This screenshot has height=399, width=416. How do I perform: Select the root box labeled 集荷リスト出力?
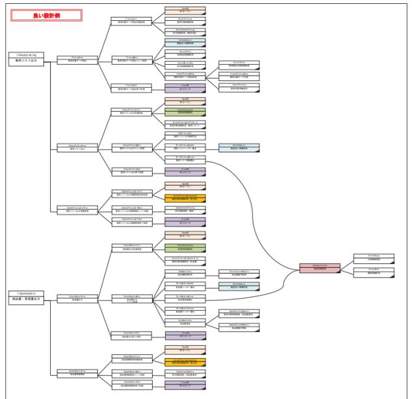pos(25,58)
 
